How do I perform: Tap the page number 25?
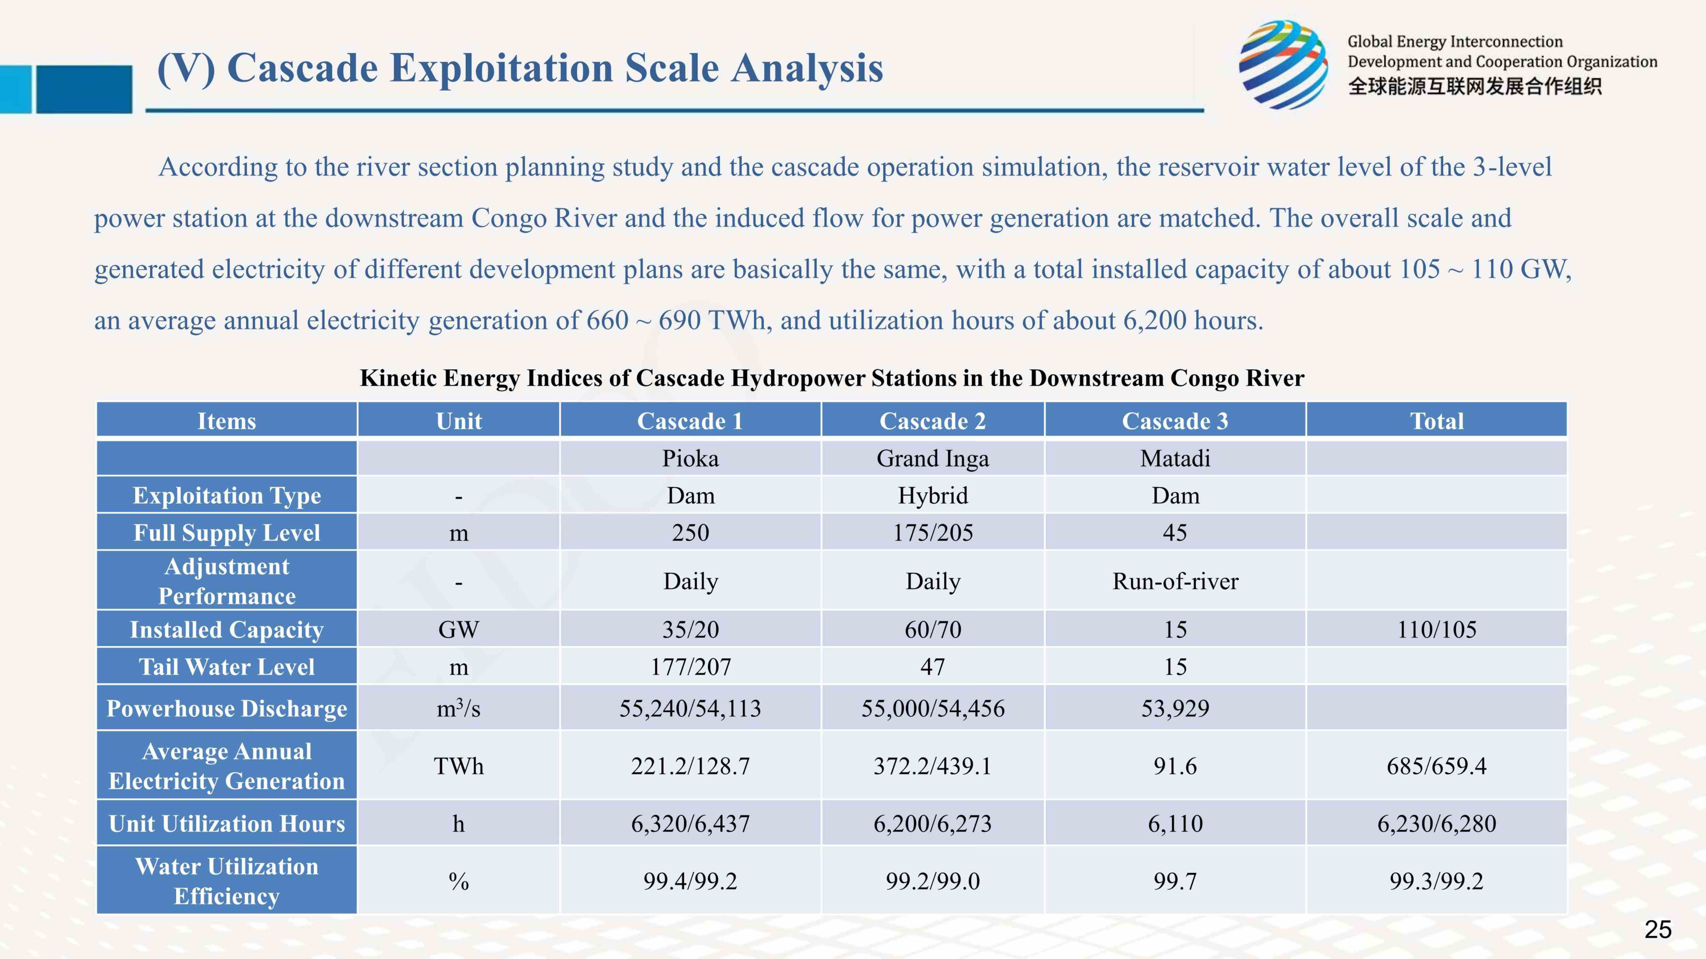(x=1658, y=929)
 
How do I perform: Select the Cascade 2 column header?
(x=932, y=421)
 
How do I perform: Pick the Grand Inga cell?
(x=932, y=458)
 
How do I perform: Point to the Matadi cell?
(x=1175, y=458)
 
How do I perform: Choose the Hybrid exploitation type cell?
(x=932, y=495)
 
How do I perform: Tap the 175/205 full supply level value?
(x=932, y=532)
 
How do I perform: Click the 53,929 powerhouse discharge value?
(x=1175, y=708)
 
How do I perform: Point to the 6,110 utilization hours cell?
(x=1175, y=823)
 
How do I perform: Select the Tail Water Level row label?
(x=227, y=666)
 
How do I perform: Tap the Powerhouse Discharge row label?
(x=227, y=708)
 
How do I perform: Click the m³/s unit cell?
(x=458, y=708)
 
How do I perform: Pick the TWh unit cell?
(x=458, y=766)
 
